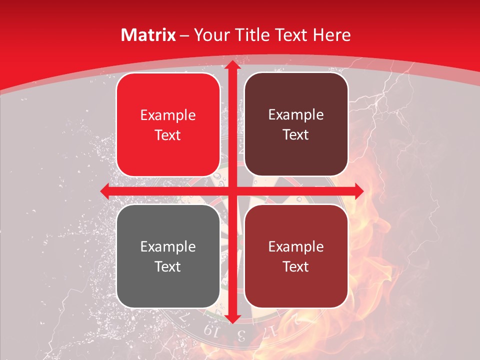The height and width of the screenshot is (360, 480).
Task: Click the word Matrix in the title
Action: click(148, 35)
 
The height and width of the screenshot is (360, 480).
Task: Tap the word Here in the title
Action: click(332, 35)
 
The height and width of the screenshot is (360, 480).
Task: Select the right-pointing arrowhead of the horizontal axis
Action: click(359, 191)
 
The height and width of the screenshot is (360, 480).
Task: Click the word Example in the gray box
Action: click(168, 246)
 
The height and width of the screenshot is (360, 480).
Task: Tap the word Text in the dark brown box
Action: click(296, 135)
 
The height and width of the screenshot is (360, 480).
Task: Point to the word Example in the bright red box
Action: click(168, 115)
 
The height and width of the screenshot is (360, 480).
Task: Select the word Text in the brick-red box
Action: click(296, 266)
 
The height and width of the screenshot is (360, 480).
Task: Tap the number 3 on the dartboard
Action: click(241, 334)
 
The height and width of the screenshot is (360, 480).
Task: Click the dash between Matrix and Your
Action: click(184, 35)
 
